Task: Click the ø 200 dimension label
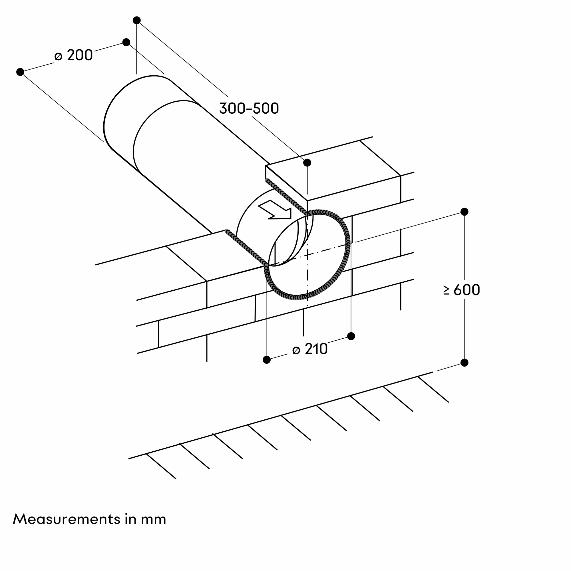[x=74, y=55]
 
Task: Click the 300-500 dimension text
[x=249, y=108]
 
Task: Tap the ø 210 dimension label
[x=310, y=349]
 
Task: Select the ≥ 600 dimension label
[x=461, y=290]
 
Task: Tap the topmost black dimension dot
[x=136, y=20]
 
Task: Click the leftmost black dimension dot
[x=20, y=72]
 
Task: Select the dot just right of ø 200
[x=126, y=42]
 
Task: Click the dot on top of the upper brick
[x=307, y=162]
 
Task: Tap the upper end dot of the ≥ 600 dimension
[x=464, y=212]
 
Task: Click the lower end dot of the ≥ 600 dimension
[x=464, y=363]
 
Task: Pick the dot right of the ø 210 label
[x=351, y=336]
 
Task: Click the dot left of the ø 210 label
[x=267, y=360]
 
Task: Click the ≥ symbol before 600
[x=446, y=290]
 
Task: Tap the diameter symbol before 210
[x=296, y=350]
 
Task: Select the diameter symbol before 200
[x=59, y=57]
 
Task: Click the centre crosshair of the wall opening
[x=307, y=254]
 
